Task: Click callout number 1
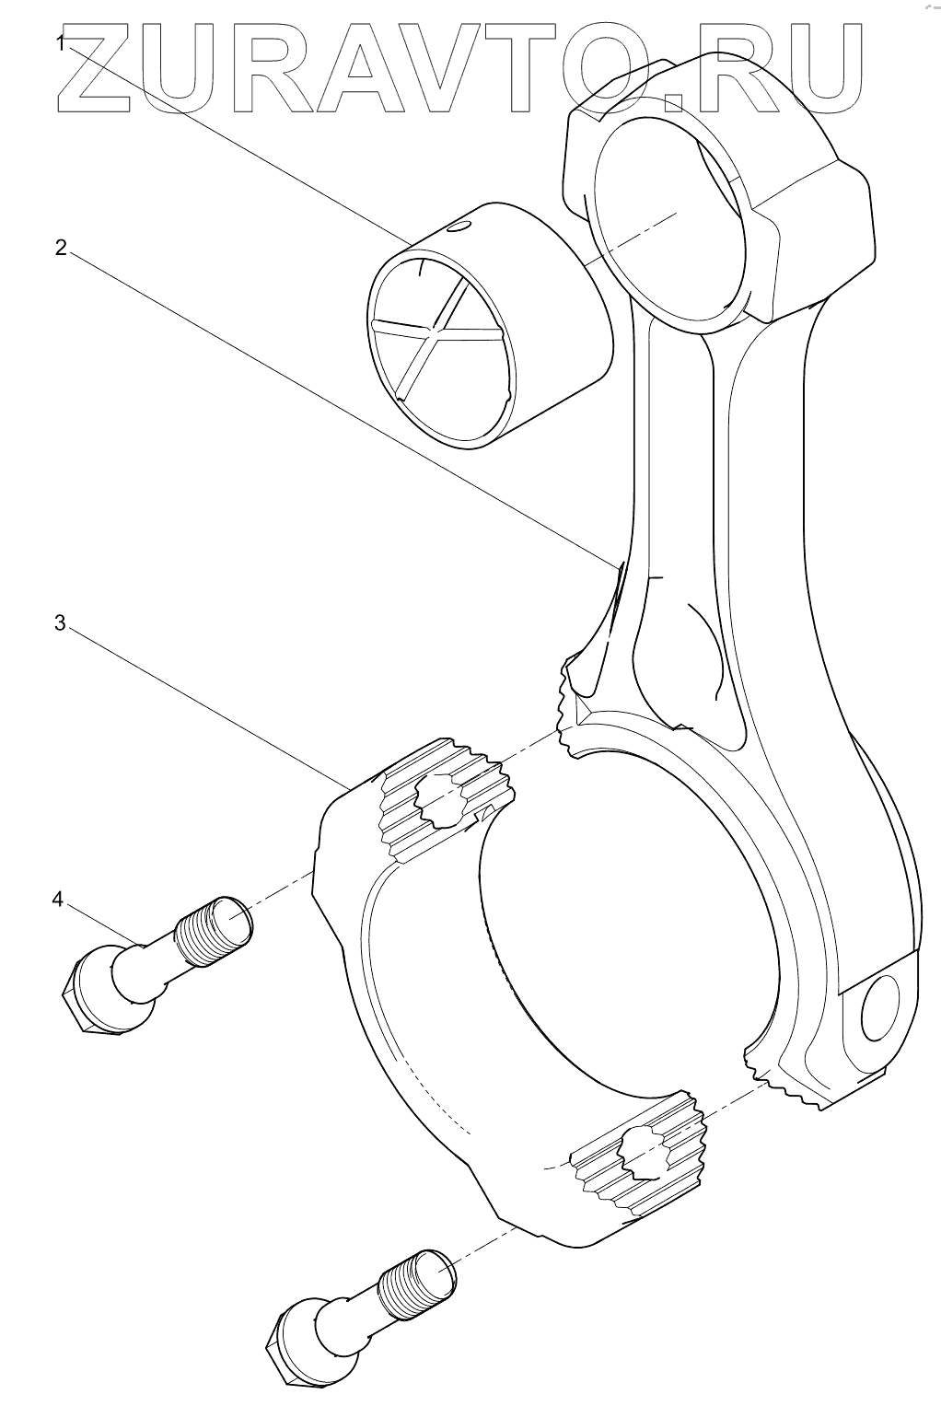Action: tap(61, 43)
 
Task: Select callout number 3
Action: tap(61, 623)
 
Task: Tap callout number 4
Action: tap(59, 899)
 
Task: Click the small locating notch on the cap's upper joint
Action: tap(484, 811)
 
